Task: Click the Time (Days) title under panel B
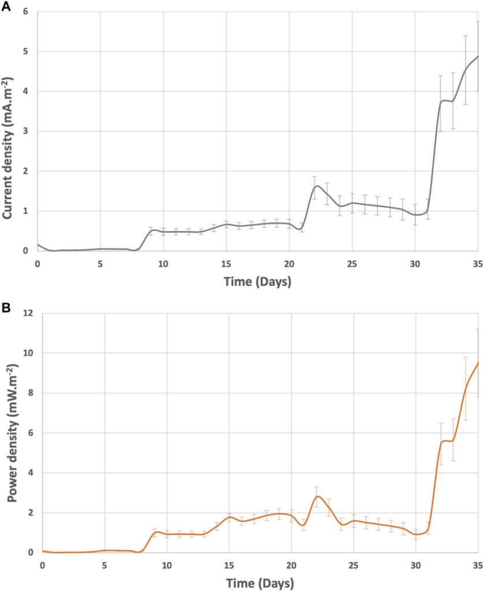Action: tap(260, 581)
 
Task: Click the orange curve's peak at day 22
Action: tap(317, 496)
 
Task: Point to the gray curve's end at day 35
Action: tap(478, 56)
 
